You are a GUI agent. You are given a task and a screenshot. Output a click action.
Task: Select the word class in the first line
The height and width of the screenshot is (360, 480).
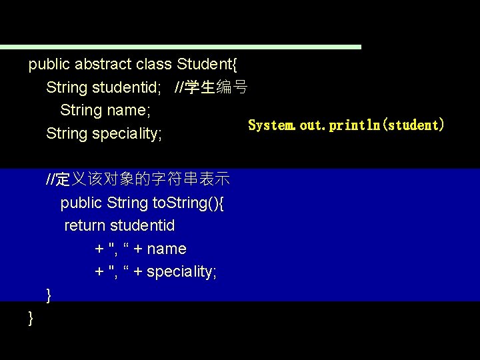[153, 65]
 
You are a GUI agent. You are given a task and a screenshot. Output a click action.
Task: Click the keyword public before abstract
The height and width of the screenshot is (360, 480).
[49, 65]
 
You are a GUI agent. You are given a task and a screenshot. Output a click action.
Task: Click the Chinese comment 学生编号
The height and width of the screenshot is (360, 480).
[217, 87]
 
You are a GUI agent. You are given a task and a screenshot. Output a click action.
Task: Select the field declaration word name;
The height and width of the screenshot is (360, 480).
[129, 109]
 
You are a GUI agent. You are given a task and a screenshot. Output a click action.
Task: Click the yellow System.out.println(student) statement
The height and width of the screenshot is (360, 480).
[346, 125]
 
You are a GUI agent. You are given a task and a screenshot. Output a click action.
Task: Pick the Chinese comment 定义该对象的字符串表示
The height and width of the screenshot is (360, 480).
[143, 179]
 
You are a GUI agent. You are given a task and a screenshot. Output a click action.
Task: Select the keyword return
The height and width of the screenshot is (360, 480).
[85, 226]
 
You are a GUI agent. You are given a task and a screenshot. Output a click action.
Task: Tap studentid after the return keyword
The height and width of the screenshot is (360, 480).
[143, 226]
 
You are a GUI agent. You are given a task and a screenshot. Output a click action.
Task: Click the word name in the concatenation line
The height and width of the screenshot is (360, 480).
[167, 249]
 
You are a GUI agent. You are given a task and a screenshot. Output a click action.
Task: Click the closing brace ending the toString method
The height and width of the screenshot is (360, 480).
[49, 295]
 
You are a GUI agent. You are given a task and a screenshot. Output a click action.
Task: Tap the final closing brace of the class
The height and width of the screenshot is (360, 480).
[31, 319]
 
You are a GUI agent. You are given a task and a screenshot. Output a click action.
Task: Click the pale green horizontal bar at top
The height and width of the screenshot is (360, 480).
[180, 47]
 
